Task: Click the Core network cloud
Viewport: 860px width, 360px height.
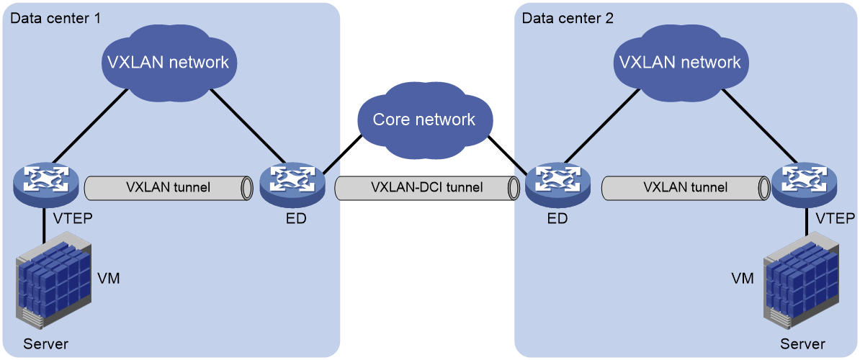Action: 424,118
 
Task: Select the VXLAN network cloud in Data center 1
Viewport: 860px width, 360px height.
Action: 169,61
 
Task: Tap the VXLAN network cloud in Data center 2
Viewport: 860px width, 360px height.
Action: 679,61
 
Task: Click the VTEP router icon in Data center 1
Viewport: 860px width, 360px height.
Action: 47,184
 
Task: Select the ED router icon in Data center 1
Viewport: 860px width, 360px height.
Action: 292,184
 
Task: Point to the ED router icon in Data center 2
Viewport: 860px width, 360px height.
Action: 557,184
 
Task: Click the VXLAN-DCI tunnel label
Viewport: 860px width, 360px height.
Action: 426,187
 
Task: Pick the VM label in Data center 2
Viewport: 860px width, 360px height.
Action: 742,279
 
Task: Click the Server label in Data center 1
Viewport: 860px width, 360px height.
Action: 45,344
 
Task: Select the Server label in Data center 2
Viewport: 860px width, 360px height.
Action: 802,344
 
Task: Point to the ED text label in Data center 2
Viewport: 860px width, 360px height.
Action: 557,219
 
